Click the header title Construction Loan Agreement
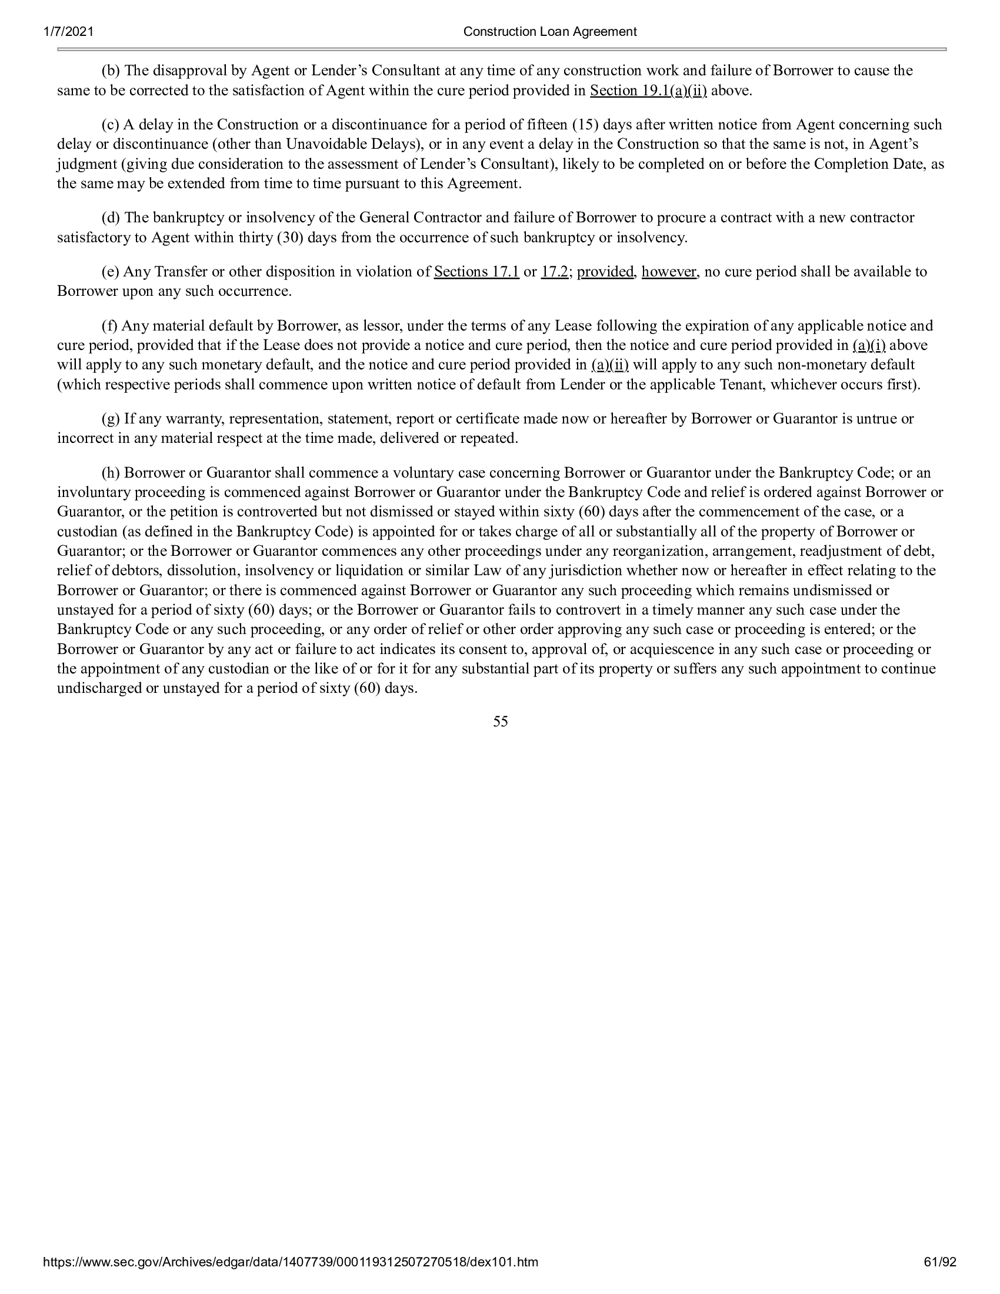(x=550, y=32)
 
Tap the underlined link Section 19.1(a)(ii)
(x=648, y=91)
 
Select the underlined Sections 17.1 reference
(x=476, y=272)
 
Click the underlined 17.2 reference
(x=554, y=272)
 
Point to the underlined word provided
(x=605, y=272)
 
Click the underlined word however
(x=669, y=272)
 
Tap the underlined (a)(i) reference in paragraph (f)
(x=868, y=345)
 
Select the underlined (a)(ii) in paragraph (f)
(x=609, y=365)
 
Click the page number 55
(x=500, y=721)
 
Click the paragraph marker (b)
(x=111, y=71)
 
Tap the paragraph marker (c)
(x=110, y=125)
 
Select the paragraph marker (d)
(x=111, y=218)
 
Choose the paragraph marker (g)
(x=111, y=419)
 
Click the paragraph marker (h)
(x=111, y=473)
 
